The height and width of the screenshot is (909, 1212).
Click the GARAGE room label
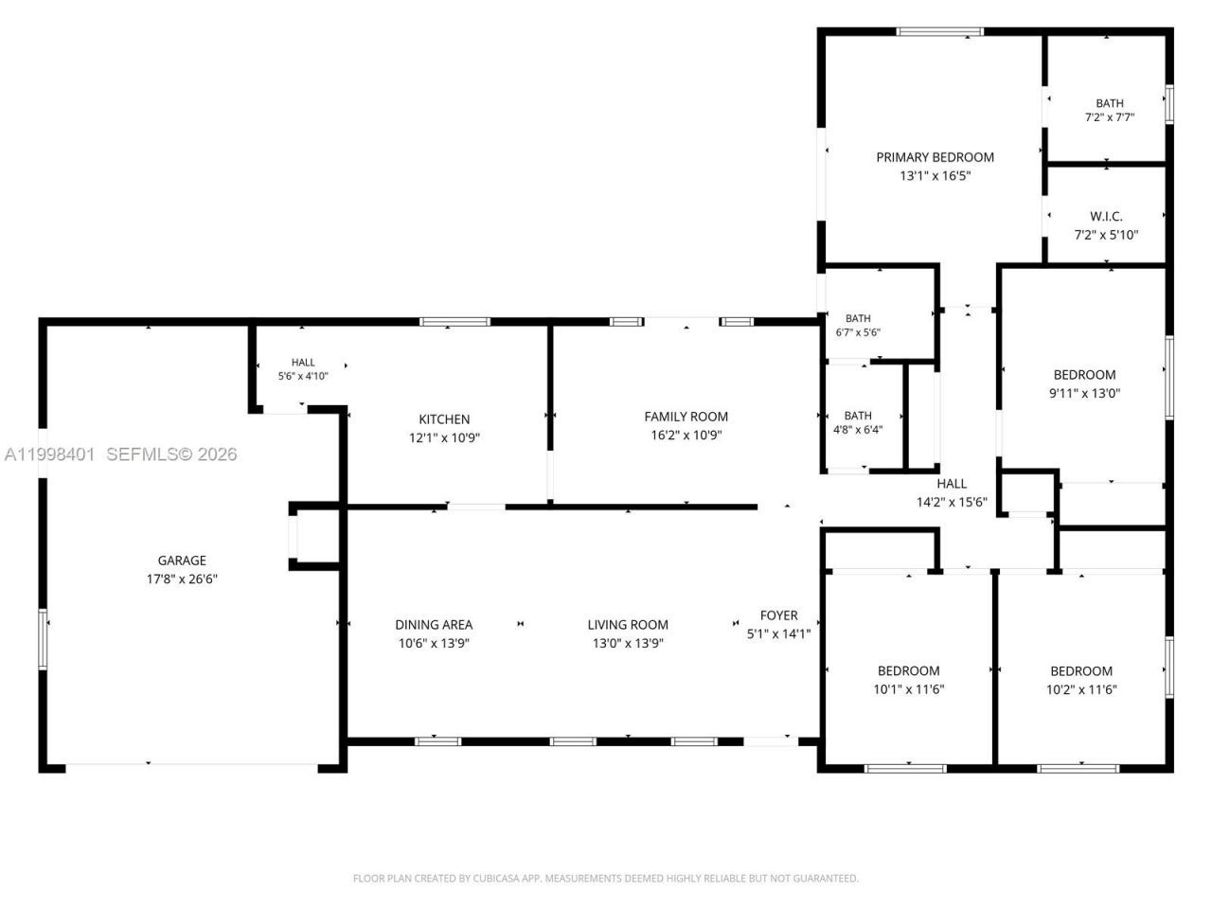pyautogui.click(x=182, y=561)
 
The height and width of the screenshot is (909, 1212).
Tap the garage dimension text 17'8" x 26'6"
pyautogui.click(x=182, y=579)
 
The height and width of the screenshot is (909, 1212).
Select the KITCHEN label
pyautogui.click(x=444, y=419)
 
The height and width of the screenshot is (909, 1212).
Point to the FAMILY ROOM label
pyautogui.click(x=686, y=416)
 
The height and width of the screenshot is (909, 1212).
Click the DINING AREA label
pyautogui.click(x=434, y=624)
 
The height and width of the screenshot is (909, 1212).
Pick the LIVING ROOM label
pyautogui.click(x=628, y=624)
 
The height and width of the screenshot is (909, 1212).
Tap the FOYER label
pyautogui.click(x=778, y=615)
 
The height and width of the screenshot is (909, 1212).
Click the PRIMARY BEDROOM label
pyautogui.click(x=935, y=157)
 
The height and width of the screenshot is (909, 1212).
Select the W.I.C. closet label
pyautogui.click(x=1106, y=216)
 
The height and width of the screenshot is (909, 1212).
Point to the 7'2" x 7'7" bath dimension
pyautogui.click(x=1110, y=117)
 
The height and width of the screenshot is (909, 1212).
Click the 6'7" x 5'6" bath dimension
pyautogui.click(x=858, y=332)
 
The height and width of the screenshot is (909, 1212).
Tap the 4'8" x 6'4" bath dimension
pyautogui.click(x=858, y=429)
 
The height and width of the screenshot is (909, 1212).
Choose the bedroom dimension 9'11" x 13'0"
pyautogui.click(x=1084, y=393)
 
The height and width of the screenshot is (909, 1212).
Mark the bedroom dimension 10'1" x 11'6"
pyautogui.click(x=908, y=688)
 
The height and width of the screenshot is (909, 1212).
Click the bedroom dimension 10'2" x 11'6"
pyautogui.click(x=1081, y=689)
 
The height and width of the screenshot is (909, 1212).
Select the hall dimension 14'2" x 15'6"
pyautogui.click(x=952, y=502)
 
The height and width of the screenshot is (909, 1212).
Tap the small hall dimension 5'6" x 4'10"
pyautogui.click(x=303, y=376)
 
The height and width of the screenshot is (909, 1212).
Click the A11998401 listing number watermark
pyautogui.click(x=49, y=454)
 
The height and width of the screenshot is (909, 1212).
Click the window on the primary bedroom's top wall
pyautogui.click(x=939, y=31)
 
